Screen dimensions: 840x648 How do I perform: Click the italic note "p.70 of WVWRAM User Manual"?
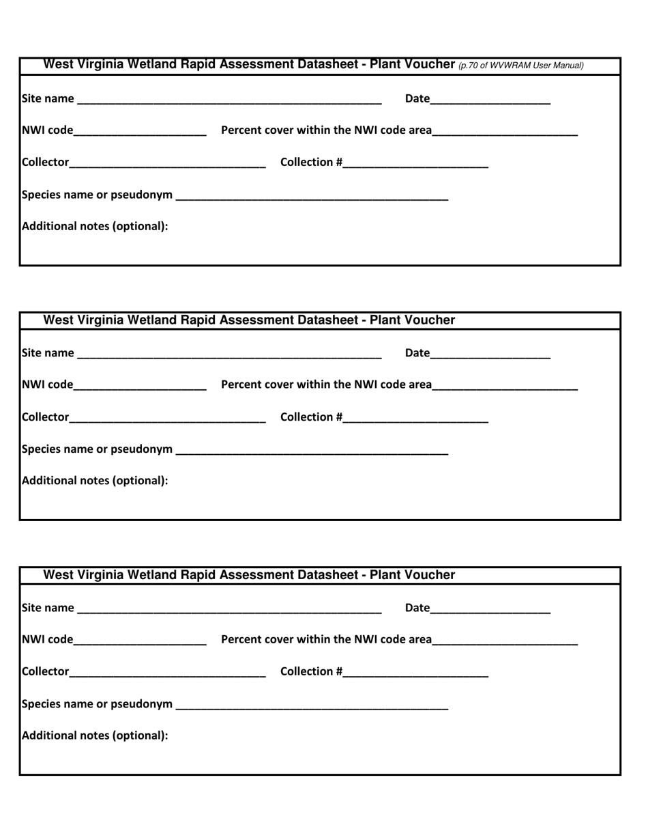(x=521, y=66)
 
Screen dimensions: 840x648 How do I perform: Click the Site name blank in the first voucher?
(x=229, y=99)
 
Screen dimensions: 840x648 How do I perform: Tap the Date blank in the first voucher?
(x=490, y=99)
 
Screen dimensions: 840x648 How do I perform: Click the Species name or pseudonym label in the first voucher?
(x=97, y=195)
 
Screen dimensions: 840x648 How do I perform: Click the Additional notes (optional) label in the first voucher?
(x=95, y=226)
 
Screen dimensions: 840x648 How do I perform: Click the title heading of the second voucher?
(x=249, y=320)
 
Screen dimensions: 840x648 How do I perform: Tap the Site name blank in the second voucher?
(x=229, y=354)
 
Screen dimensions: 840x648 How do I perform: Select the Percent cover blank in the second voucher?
(x=505, y=385)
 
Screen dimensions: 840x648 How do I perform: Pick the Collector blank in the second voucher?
(x=167, y=417)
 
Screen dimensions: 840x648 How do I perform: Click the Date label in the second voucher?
(x=417, y=353)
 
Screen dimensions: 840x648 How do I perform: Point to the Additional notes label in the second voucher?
(x=95, y=481)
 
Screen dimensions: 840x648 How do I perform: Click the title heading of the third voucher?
(x=249, y=575)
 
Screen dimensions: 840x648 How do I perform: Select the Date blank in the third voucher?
(x=490, y=608)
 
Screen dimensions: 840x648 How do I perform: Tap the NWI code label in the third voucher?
(x=47, y=640)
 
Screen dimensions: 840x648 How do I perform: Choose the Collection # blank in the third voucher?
(x=416, y=672)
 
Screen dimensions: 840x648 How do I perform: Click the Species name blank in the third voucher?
(x=312, y=704)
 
